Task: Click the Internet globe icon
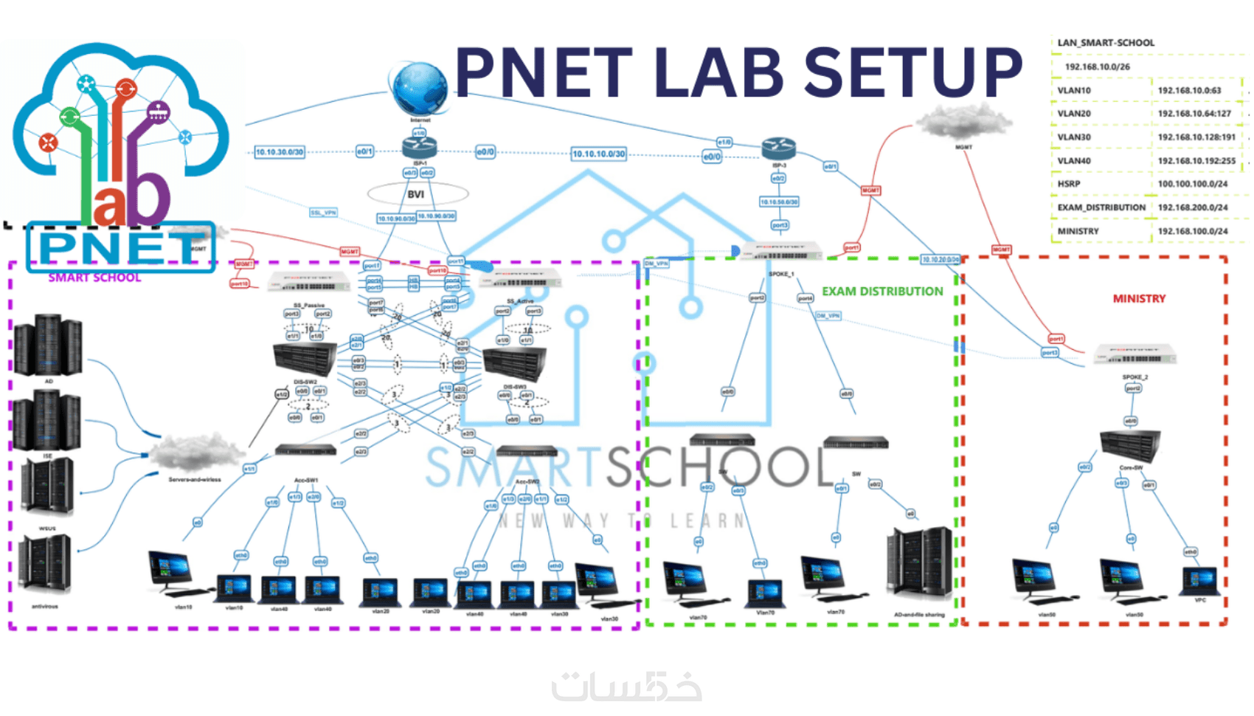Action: point(419,89)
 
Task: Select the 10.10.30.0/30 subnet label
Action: point(279,152)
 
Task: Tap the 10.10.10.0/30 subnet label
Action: point(598,154)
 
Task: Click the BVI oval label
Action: point(417,194)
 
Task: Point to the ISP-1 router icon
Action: point(420,148)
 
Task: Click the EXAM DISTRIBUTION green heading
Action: point(882,292)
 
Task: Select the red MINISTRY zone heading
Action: point(1139,299)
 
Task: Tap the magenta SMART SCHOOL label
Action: point(94,278)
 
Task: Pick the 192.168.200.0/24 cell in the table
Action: point(1192,207)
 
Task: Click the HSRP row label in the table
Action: point(1068,184)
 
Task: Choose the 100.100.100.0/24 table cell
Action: point(1192,184)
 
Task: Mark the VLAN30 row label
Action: point(1073,137)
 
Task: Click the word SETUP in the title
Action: point(912,72)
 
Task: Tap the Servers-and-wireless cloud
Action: point(196,452)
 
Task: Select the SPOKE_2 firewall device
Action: point(1135,356)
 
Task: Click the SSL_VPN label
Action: point(323,213)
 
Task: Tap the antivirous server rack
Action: point(45,565)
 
